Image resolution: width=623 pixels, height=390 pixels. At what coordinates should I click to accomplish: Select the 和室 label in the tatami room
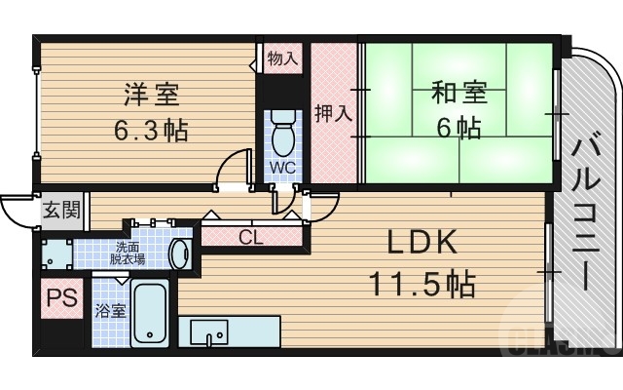tap(458, 96)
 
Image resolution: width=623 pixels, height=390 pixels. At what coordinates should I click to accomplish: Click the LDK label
tap(420, 244)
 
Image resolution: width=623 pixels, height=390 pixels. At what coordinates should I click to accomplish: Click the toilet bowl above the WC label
tap(282, 136)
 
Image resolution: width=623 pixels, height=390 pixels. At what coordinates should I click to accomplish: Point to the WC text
tap(282, 167)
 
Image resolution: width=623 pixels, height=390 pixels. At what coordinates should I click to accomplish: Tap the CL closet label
tap(250, 235)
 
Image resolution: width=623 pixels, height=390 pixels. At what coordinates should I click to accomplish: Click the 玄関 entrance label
tap(55, 210)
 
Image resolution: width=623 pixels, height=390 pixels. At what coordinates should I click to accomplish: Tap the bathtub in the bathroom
tap(150, 314)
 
